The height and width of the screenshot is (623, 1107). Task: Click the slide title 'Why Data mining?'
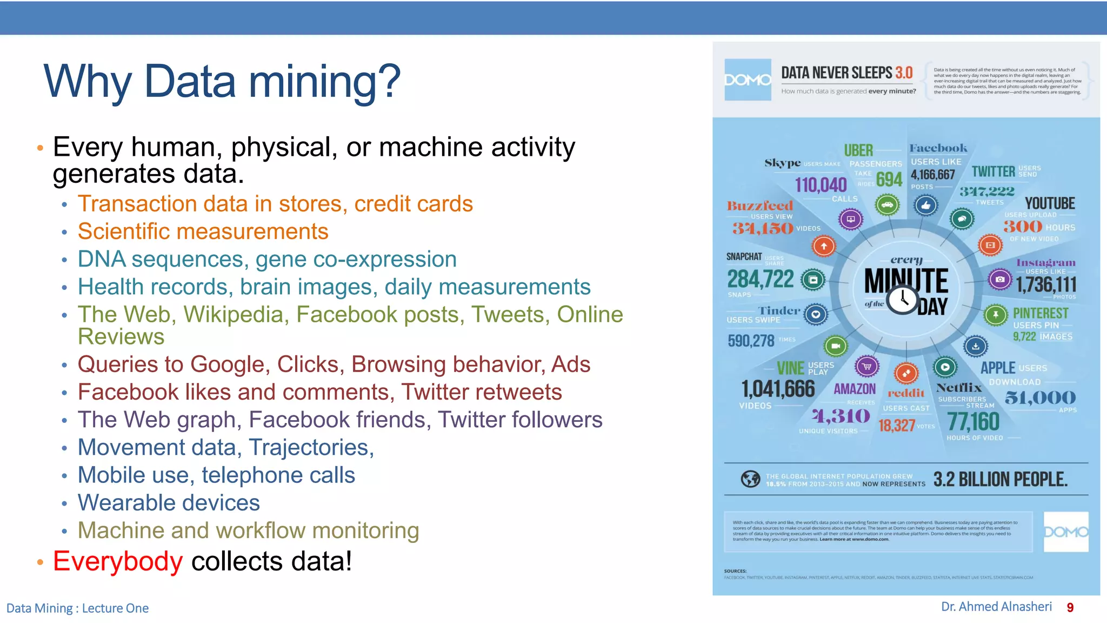pos(222,81)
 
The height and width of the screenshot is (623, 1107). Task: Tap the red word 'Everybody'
pos(118,561)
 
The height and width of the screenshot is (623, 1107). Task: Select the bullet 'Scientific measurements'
pos(203,231)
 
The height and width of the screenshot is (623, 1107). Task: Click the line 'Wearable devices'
pos(169,503)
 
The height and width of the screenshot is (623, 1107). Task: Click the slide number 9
pos(1070,608)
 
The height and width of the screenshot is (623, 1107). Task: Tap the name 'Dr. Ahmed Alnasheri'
pos(996,607)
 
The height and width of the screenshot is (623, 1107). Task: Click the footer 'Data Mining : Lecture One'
pos(77,608)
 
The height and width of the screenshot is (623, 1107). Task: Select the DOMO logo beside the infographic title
pos(748,80)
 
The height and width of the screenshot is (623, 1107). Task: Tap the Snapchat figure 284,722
pos(760,279)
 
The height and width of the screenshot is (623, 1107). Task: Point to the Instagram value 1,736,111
pos(1046,284)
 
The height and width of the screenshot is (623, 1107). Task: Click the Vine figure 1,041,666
pos(778,389)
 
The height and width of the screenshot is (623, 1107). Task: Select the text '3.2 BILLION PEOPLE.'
pos(1000,479)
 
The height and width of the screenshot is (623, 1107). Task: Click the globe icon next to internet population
pos(750,479)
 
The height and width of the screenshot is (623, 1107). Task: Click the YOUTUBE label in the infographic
pos(1050,203)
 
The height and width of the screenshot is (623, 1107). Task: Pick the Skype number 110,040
pos(821,185)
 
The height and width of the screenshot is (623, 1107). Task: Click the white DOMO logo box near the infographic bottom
pos(1065,532)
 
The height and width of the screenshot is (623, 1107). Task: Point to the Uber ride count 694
pos(889,180)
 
